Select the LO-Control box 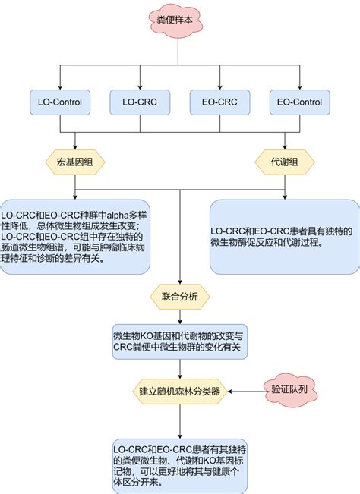(60, 100)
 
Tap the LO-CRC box (139, 100)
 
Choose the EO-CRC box (219, 100)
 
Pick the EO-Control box (299, 100)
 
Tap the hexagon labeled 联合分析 (180, 296)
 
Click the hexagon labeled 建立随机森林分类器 (180, 392)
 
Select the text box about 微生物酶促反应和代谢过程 (284, 237)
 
